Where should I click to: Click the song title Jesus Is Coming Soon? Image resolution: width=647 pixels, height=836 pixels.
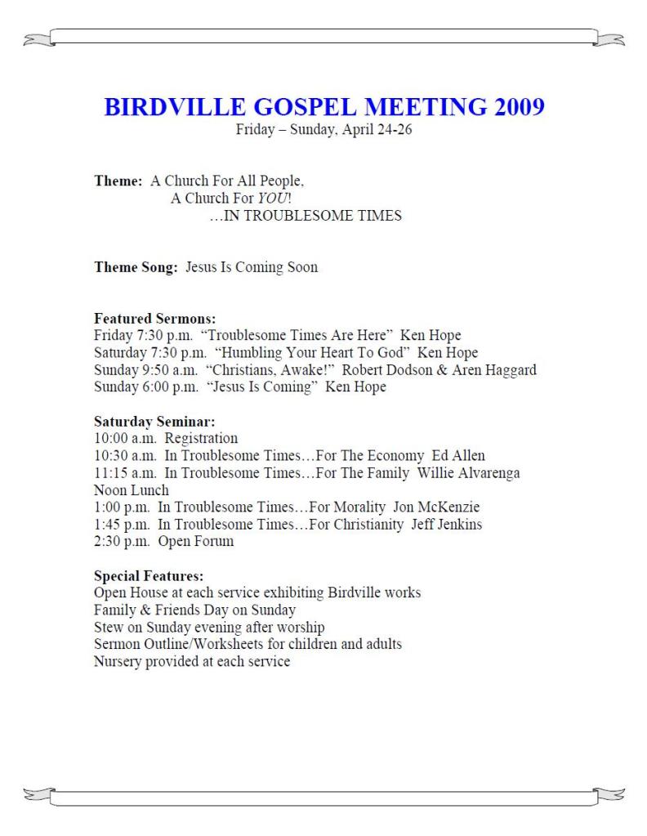coord(252,267)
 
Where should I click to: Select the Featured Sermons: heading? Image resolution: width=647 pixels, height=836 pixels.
coord(155,320)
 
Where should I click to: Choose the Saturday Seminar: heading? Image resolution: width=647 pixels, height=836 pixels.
coord(154,422)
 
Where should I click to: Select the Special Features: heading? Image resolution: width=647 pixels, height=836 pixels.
coord(149,576)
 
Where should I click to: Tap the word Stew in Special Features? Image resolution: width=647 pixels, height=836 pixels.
coord(109,628)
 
